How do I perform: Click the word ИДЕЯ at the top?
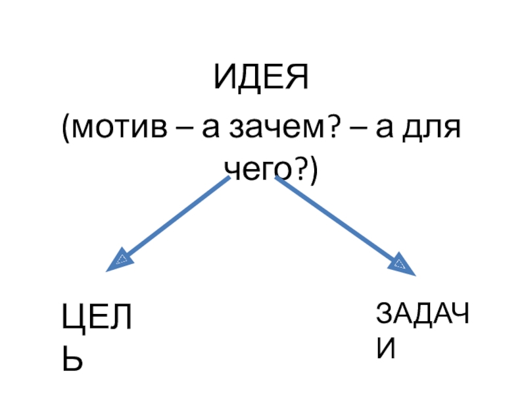click(x=260, y=80)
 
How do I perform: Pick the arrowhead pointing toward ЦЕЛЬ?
click(x=121, y=259)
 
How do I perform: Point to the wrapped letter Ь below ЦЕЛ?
click(x=72, y=359)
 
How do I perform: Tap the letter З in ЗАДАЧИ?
click(x=385, y=315)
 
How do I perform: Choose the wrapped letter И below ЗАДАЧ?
click(x=387, y=350)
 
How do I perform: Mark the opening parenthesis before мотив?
click(x=66, y=127)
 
